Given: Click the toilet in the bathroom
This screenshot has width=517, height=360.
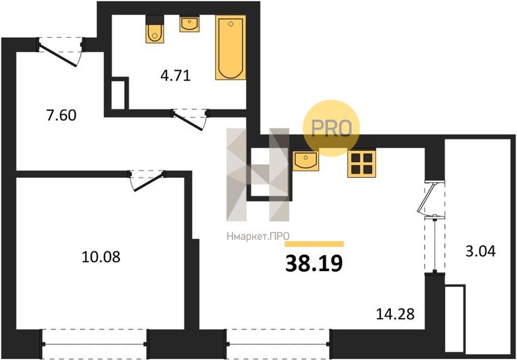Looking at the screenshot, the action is (x=155, y=29).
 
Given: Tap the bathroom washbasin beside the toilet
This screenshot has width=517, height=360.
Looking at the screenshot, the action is (x=190, y=24).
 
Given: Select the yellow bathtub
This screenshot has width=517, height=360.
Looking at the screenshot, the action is (x=231, y=47).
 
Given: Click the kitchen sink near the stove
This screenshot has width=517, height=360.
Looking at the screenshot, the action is (x=306, y=161).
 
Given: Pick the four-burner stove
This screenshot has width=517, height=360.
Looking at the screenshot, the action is (x=361, y=164).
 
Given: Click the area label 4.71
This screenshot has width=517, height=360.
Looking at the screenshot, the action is (x=176, y=76).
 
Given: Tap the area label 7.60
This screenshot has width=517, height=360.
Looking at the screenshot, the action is (x=62, y=115).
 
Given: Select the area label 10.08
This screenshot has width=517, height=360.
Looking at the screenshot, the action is (x=101, y=257).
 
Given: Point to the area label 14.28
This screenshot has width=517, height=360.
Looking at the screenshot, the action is (x=395, y=314).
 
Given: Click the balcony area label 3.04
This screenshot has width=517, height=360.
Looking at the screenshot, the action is (x=481, y=251).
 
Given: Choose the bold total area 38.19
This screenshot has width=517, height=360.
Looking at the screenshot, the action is (x=314, y=263).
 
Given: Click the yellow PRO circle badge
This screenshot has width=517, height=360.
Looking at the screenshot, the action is (x=331, y=128).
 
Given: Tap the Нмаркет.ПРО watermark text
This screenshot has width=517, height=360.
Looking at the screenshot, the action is (x=258, y=236).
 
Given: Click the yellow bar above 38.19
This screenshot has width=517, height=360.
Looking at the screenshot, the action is (x=314, y=244).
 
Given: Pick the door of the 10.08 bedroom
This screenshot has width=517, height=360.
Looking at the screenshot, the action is (x=147, y=181).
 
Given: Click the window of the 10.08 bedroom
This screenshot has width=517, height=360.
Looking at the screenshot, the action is (x=94, y=344).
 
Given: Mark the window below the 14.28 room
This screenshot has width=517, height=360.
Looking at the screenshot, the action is (x=278, y=344).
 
